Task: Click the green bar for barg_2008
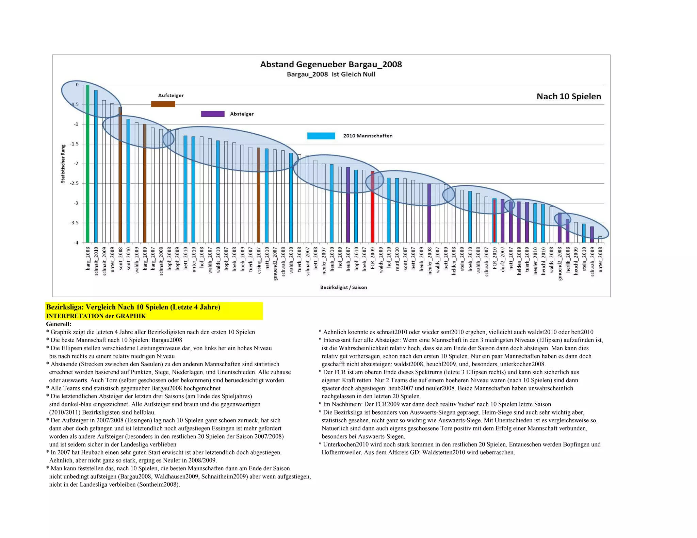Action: [87, 163]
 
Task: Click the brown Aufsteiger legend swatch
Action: [163, 104]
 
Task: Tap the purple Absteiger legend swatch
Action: [213, 114]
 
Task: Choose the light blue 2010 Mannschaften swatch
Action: [321, 136]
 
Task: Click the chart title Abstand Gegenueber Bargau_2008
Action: [331, 64]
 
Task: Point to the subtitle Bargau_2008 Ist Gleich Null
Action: [331, 74]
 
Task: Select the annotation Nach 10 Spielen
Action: [569, 96]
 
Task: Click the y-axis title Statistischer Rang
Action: [63, 164]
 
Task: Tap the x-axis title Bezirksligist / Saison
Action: [343, 287]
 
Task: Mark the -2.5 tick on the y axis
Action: [74, 183]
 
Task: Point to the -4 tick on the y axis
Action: [76, 242]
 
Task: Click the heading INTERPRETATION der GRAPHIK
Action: [96, 316]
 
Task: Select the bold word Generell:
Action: [59, 324]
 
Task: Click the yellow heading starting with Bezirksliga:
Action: [133, 307]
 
